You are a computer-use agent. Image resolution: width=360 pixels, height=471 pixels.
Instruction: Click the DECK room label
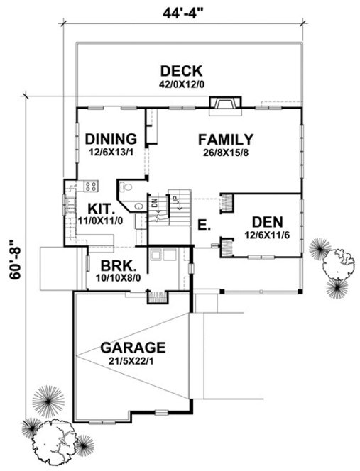(182, 71)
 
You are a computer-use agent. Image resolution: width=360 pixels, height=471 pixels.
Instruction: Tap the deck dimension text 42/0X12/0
(182, 84)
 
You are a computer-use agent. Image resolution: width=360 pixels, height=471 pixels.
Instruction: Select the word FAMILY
(226, 138)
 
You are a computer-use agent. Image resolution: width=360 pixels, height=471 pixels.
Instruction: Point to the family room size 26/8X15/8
(226, 150)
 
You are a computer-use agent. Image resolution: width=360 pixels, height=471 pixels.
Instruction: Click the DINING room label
(110, 138)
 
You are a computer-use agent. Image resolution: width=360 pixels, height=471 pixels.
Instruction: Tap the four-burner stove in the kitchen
(92, 187)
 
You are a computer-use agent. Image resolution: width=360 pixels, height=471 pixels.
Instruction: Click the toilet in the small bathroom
(126, 188)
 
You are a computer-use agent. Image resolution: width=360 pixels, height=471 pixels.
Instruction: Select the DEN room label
(267, 221)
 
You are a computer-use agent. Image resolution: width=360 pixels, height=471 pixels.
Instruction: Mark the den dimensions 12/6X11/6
(267, 233)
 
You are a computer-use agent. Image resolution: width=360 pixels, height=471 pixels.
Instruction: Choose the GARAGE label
(133, 348)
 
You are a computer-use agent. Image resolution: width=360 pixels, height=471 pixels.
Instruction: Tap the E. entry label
(203, 226)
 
